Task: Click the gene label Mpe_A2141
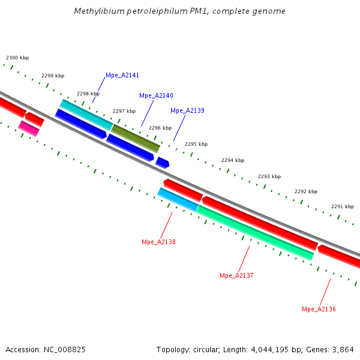point(122,76)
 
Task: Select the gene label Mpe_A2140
point(156,96)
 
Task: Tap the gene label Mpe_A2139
point(187,110)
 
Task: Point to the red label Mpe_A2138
point(158,242)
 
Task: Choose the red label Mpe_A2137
point(236,276)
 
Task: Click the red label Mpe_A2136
point(319,310)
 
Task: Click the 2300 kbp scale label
point(17,58)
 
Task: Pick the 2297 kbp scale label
point(124,112)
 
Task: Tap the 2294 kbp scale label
point(233,161)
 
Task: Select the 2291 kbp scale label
point(343,206)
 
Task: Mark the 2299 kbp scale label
point(53,76)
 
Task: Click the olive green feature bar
point(136,138)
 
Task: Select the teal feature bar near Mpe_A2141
point(86,114)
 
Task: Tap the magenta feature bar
point(29,128)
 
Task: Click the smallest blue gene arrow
point(162,162)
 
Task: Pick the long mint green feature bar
point(255,233)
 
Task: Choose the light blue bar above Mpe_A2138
point(178,199)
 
